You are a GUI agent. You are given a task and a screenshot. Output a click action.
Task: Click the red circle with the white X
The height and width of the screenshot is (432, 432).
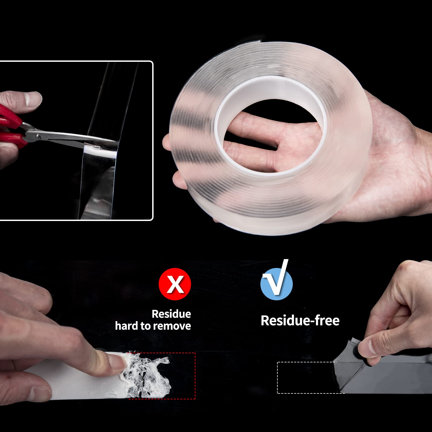click(175, 284)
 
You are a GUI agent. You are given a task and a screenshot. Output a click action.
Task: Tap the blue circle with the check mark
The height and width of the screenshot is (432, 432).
click(277, 284)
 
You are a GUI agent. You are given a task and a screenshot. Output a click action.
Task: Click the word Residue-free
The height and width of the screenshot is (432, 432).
click(300, 321)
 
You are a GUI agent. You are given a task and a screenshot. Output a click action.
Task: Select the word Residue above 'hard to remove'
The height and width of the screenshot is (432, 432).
click(171, 314)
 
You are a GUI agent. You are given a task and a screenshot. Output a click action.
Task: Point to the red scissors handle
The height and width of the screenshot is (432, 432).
click(11, 127)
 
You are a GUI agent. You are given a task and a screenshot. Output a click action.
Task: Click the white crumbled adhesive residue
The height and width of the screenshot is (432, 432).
click(147, 374)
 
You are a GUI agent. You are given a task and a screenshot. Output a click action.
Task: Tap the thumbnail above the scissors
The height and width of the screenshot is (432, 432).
click(34, 99)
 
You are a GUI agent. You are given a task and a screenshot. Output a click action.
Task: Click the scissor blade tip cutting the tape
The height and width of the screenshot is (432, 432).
click(115, 141)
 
